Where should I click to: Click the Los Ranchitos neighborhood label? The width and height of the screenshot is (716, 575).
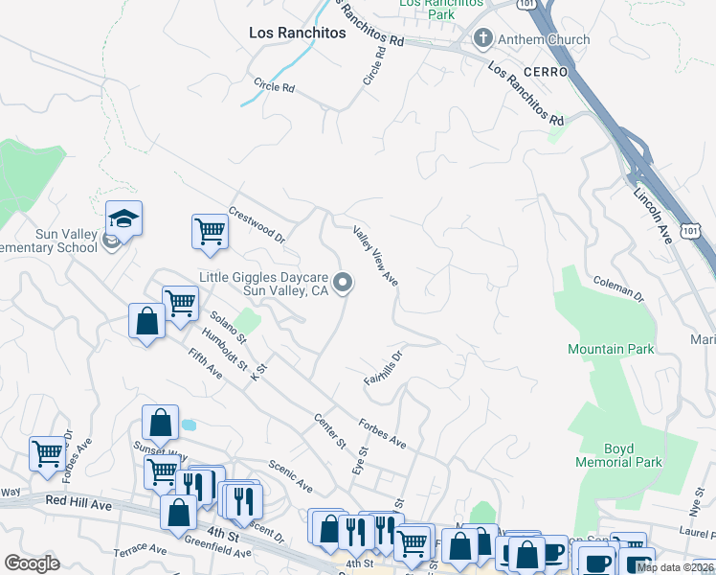[x=297, y=33]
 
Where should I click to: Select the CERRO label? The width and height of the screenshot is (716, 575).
[x=545, y=72]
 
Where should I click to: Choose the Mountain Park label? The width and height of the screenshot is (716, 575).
[x=610, y=349]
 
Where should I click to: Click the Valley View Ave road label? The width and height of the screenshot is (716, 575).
[x=375, y=255]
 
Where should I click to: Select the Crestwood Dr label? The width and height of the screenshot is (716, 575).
[x=257, y=223]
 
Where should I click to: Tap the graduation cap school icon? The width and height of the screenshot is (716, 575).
[x=123, y=218]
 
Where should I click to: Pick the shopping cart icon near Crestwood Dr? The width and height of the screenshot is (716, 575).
[x=210, y=231]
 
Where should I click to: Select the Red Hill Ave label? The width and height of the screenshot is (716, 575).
[x=80, y=502]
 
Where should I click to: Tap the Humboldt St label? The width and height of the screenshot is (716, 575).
[x=224, y=352]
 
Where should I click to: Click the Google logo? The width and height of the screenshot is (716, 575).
[x=32, y=563]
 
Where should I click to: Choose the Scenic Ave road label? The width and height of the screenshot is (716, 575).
[x=289, y=473]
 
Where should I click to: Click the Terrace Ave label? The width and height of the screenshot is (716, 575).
[x=140, y=549]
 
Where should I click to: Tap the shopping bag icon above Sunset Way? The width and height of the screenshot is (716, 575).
[x=160, y=422]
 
